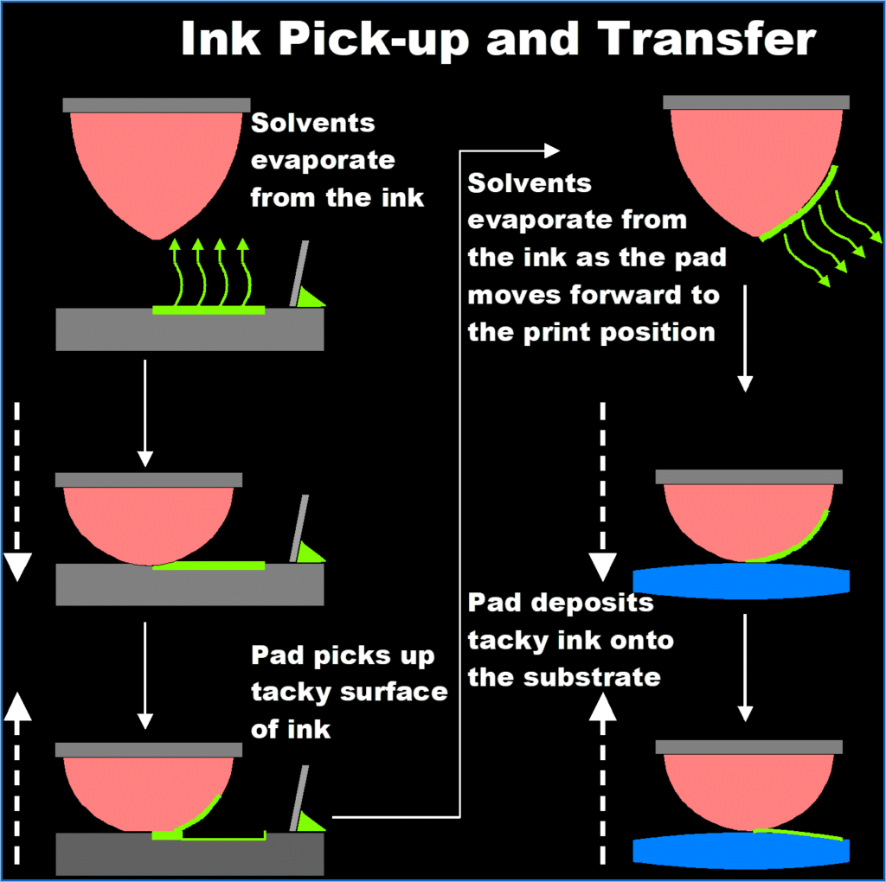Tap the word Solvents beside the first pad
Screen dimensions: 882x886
(313, 123)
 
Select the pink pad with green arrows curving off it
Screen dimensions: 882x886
(744, 164)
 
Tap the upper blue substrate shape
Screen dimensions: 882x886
(741, 581)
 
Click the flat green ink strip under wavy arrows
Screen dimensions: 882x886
(209, 309)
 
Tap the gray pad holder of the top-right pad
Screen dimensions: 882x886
(756, 102)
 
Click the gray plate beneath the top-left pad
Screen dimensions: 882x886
(189, 329)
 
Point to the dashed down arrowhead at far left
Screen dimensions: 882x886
(17, 566)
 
